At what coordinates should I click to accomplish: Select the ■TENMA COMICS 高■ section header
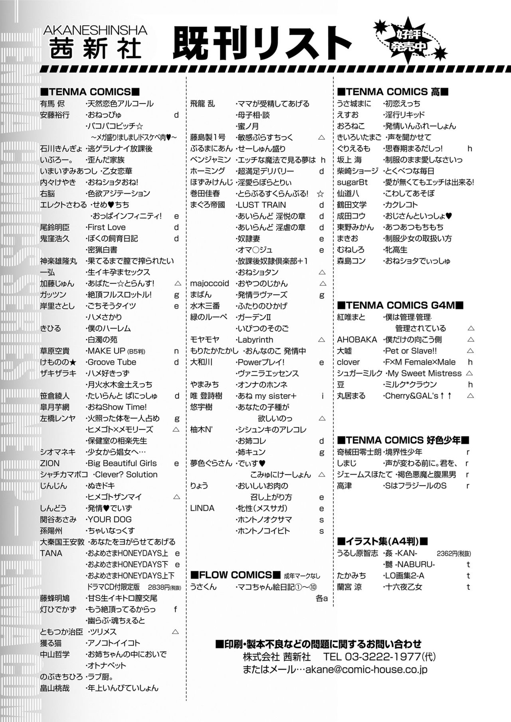393,92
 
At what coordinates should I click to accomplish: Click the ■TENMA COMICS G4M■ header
400,306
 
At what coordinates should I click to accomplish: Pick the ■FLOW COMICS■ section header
236,575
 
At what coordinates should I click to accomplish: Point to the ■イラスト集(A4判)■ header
382,542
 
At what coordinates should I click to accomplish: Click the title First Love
107,227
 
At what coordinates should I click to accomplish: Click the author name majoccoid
210,284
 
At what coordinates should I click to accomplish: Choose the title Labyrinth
255,340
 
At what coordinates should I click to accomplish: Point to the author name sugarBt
353,182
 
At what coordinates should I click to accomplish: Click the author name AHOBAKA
357,340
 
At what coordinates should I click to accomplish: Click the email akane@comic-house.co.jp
366,670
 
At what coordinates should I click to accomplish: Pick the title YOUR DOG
109,519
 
